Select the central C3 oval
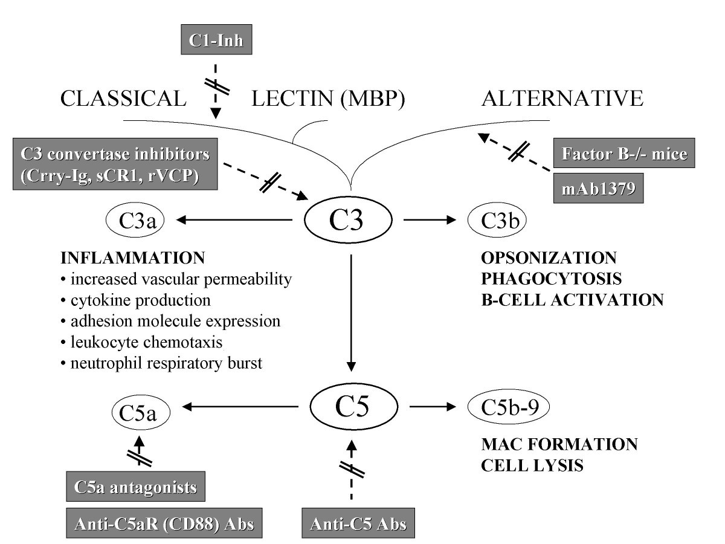(x=350, y=222)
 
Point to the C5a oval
(x=141, y=413)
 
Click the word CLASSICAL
(x=123, y=98)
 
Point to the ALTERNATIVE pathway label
(x=562, y=98)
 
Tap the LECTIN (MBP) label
(x=327, y=98)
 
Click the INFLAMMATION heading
(x=133, y=258)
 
